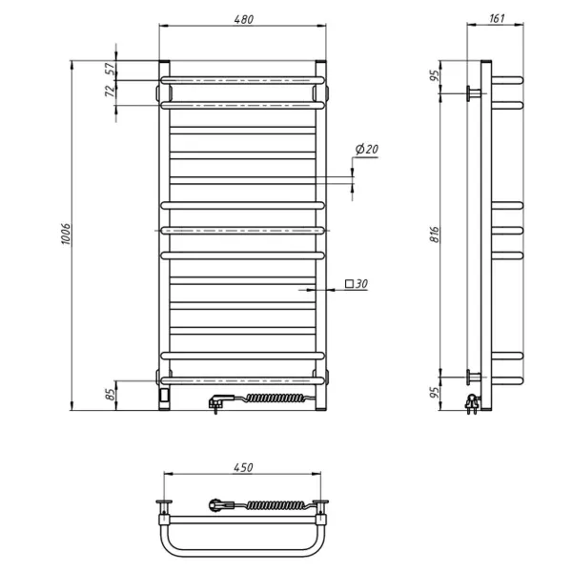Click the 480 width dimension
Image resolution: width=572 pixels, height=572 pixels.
243,20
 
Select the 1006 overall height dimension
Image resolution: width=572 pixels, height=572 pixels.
68,237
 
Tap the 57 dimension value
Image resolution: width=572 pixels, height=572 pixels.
111,69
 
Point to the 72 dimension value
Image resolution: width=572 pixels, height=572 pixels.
111,91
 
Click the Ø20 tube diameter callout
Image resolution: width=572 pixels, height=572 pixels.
366,150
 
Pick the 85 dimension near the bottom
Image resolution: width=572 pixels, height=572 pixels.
111,392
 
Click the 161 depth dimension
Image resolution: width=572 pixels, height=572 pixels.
497,20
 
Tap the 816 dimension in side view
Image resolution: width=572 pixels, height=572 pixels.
434,236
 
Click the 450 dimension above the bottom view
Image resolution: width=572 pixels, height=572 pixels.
243,467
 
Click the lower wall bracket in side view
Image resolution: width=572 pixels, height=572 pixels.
474,374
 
